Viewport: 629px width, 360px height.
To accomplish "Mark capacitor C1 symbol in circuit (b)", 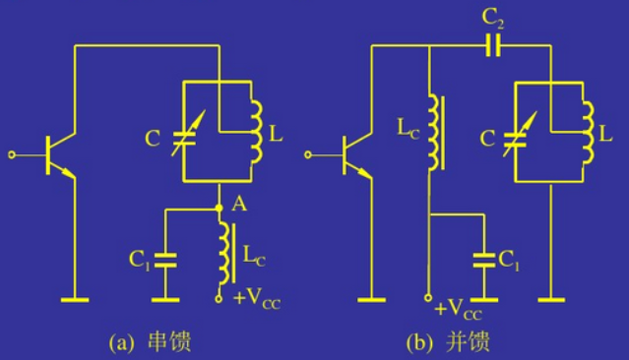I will point(483,261).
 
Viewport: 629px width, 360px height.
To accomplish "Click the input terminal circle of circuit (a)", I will point(13,155).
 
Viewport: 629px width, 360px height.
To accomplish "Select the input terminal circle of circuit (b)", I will point(311,155).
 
